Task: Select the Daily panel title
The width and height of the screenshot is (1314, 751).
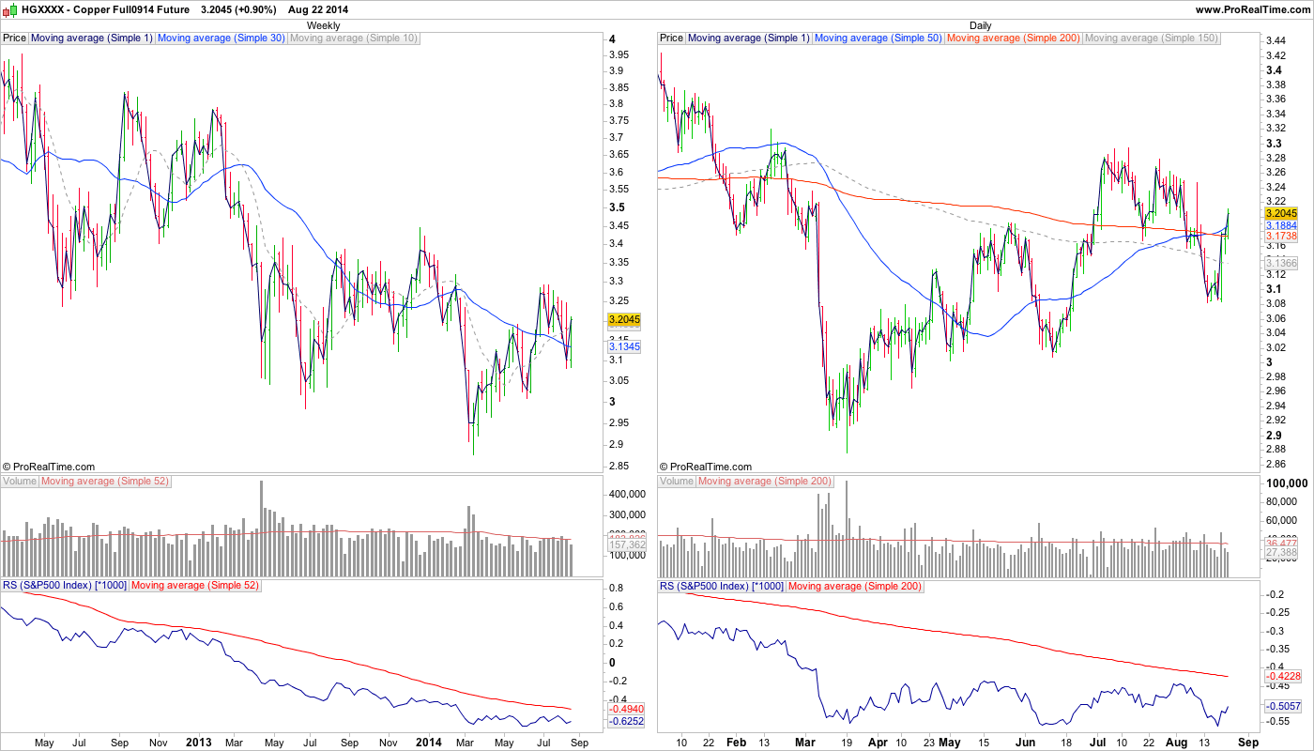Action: click(x=980, y=25)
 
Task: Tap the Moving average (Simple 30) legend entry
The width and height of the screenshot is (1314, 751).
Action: click(x=222, y=38)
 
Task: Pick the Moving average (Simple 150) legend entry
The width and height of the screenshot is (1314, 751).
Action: click(x=1151, y=38)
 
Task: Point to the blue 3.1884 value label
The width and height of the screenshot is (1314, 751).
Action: click(x=1281, y=226)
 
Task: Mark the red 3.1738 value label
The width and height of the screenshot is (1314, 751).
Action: click(x=1281, y=238)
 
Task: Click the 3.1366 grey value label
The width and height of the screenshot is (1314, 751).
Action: click(x=1281, y=263)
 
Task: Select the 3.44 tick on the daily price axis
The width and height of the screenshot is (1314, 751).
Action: click(x=1275, y=42)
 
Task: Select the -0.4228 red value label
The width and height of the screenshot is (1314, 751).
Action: click(x=1281, y=676)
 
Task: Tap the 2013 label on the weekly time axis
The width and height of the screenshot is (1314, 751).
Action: click(x=199, y=743)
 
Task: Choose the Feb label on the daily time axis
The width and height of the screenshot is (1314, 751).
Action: click(x=736, y=743)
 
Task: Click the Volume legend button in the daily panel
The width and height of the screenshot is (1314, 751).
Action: click(x=677, y=482)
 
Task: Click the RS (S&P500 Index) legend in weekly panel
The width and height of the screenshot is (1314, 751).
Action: click(x=64, y=586)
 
